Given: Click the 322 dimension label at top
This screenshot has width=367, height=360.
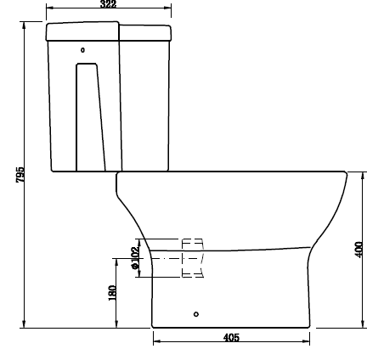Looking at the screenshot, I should click(108, 5).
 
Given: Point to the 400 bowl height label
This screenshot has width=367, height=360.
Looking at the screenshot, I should click(359, 249).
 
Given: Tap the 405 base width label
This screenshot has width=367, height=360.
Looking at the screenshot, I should click(231, 338).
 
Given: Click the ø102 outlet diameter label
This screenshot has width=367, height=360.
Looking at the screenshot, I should click(135, 257).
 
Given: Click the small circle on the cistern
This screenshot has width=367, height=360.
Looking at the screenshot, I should click(82, 50).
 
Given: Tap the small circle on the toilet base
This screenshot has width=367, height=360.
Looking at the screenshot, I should click(196, 314).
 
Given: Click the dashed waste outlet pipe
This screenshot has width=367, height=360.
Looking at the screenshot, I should click(192, 258).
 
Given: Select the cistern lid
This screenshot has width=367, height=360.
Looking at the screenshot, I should click(108, 32).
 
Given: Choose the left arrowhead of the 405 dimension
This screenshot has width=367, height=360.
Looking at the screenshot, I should click(156, 342).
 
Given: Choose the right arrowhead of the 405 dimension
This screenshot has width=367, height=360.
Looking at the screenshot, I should click(307, 342).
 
